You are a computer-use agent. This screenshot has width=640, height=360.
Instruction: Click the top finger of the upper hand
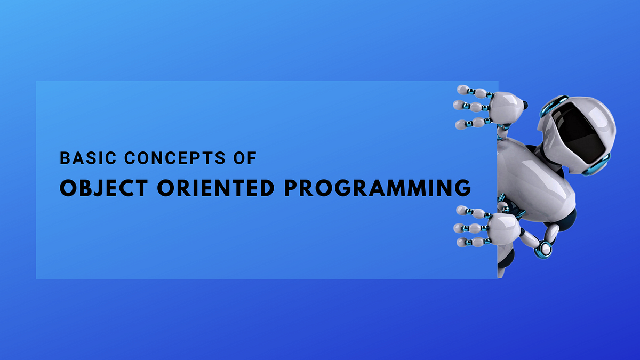point(473,92)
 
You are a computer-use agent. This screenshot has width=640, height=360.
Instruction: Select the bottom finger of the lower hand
point(469,242)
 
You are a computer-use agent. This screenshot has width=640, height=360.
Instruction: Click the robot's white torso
point(528,171)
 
